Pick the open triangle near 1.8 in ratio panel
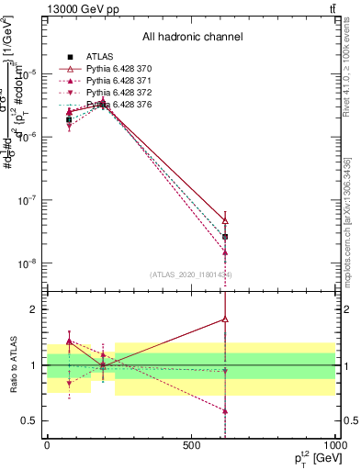[225, 319]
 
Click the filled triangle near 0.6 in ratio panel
[225, 411]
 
